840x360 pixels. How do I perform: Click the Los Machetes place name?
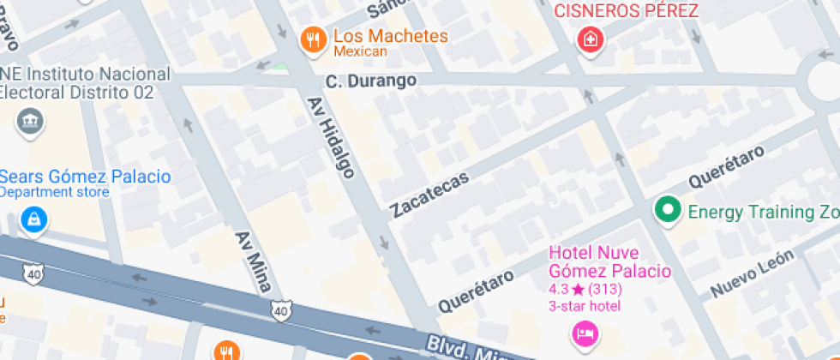tap(390, 36)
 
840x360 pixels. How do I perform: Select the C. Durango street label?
tap(371, 81)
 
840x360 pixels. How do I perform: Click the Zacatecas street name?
tap(429, 195)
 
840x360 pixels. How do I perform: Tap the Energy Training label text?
tap(763, 212)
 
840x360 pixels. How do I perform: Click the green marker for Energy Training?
tap(667, 209)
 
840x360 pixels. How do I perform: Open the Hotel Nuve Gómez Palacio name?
tap(609, 261)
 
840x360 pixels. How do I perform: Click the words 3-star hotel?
tap(585, 306)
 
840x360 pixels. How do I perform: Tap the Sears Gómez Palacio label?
tap(85, 177)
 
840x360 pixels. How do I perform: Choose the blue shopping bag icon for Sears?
tap(34, 219)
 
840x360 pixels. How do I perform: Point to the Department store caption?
tap(55, 192)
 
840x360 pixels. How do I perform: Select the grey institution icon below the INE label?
tap(31, 121)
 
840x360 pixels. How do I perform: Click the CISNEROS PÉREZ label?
tap(626, 11)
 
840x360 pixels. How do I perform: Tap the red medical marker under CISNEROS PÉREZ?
tap(591, 39)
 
